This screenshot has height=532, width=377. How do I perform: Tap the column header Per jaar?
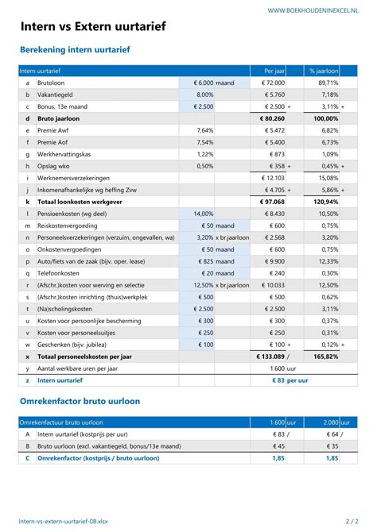coord(274,71)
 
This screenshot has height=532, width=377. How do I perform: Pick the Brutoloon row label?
coord(52,83)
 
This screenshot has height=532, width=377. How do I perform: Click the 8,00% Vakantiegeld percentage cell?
coord(204,94)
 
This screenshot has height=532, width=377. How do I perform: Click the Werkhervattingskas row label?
coord(68,154)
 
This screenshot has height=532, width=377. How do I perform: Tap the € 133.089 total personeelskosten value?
coord(270,357)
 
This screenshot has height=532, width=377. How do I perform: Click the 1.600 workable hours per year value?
coord(276,368)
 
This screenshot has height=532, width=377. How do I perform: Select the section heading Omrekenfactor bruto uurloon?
coord(79,401)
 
